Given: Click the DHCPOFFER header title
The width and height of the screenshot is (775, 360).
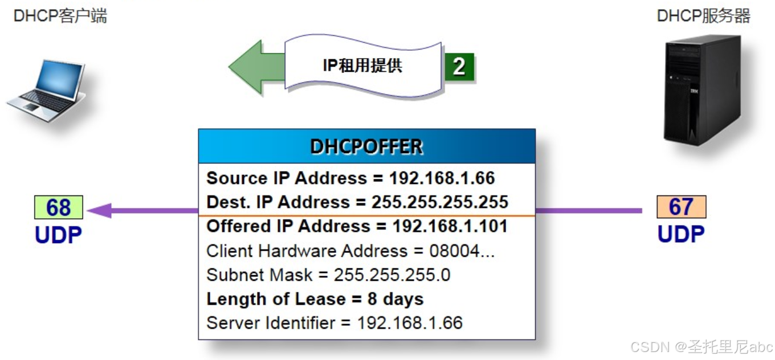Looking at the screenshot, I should (366, 146).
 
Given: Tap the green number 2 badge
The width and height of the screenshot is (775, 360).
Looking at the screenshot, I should (459, 67).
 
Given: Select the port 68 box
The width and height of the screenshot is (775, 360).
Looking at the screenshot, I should (58, 207).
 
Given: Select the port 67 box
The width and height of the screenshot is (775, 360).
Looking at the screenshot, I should (681, 207).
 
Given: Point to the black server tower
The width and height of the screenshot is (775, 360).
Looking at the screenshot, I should (702, 88).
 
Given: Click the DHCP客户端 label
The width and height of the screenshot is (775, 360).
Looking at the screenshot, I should (60, 15).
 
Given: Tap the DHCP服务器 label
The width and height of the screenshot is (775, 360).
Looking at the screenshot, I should (703, 15).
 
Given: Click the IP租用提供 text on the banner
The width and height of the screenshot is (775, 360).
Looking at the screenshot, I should (362, 66).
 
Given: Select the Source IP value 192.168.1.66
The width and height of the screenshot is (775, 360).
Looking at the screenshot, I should (442, 178).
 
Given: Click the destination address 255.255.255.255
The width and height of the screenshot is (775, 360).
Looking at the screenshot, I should (440, 202).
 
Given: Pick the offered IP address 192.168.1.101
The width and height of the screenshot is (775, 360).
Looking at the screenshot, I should (450, 226).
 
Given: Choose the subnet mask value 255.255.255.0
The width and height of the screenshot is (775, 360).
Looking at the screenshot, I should (392, 275).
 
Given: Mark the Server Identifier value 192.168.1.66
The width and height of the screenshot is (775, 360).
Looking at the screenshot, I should (410, 323).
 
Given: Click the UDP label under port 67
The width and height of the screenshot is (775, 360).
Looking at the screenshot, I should (681, 234).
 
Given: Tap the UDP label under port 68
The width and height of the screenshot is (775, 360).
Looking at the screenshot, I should (58, 235).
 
